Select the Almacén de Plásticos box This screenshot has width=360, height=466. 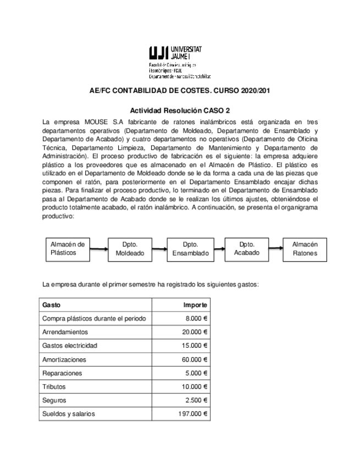click(67, 248)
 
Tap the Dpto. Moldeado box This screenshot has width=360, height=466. click(130, 249)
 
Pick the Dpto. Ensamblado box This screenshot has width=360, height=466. click(191, 249)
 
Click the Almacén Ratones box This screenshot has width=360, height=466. click(304, 249)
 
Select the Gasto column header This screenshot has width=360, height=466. click(52, 305)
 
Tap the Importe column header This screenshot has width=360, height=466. click(195, 305)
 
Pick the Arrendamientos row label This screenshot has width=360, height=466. click(65, 332)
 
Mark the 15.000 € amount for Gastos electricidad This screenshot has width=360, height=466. click(195, 346)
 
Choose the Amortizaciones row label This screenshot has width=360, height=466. click(64, 359)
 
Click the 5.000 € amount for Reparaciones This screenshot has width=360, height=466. click(196, 373)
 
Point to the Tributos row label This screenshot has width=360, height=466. click(54, 387)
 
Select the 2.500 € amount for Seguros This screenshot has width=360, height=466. click(196, 401)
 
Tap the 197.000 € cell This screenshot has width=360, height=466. click(192, 414)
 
